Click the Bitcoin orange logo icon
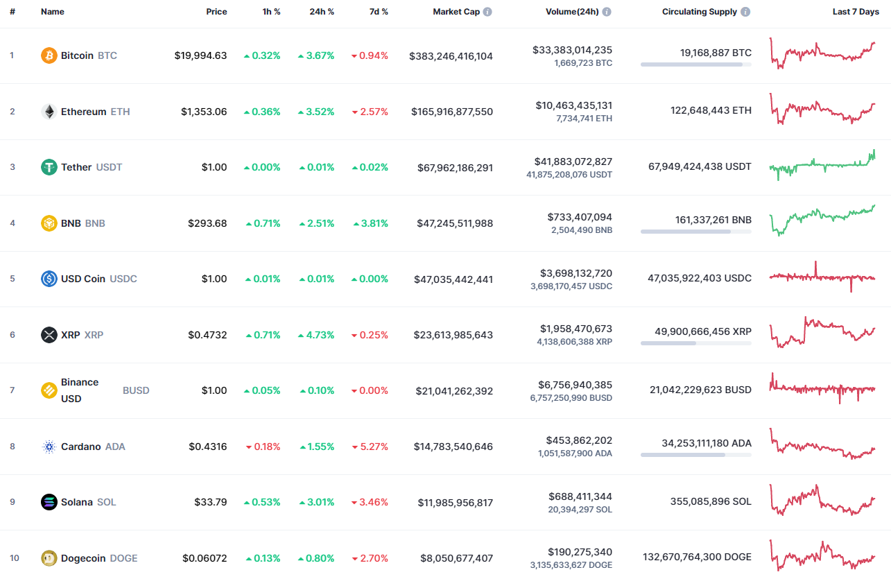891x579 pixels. coord(49,55)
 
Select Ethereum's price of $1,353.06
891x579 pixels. coord(204,112)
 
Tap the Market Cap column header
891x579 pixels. coord(456,12)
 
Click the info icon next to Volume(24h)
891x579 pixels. coord(607,12)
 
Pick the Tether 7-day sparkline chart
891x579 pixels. coord(822,165)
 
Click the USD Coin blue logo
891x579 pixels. coord(49,279)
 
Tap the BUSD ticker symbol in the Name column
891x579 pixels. coord(136,390)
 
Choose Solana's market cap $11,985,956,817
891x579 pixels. coord(455,502)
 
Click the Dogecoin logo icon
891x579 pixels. coord(49,558)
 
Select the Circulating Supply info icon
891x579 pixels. coord(745,12)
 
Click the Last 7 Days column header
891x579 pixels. coord(856,12)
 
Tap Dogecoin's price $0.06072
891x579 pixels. coord(205,558)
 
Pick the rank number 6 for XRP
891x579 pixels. coord(12,335)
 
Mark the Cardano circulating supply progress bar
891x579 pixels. coord(695,455)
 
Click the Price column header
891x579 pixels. coord(216,12)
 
